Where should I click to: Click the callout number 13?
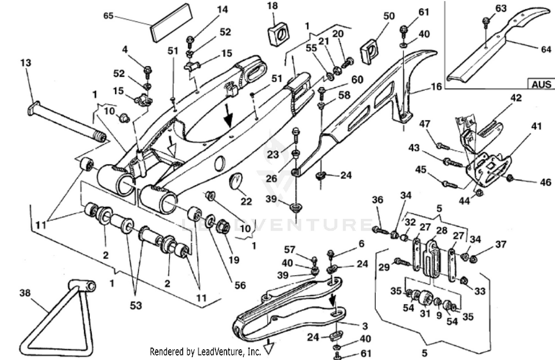click(x=26, y=63)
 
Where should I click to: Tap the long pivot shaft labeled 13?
click(x=67, y=124)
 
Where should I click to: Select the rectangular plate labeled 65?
click(x=172, y=23)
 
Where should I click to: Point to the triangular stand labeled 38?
click(x=55, y=318)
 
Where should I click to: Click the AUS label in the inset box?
click(x=541, y=84)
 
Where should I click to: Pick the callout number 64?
click(x=546, y=49)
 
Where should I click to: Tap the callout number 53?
click(x=136, y=306)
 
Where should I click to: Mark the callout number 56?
click(x=240, y=285)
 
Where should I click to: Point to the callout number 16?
click(x=436, y=87)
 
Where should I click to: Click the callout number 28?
click(x=442, y=231)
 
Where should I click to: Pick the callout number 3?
click(x=365, y=326)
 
